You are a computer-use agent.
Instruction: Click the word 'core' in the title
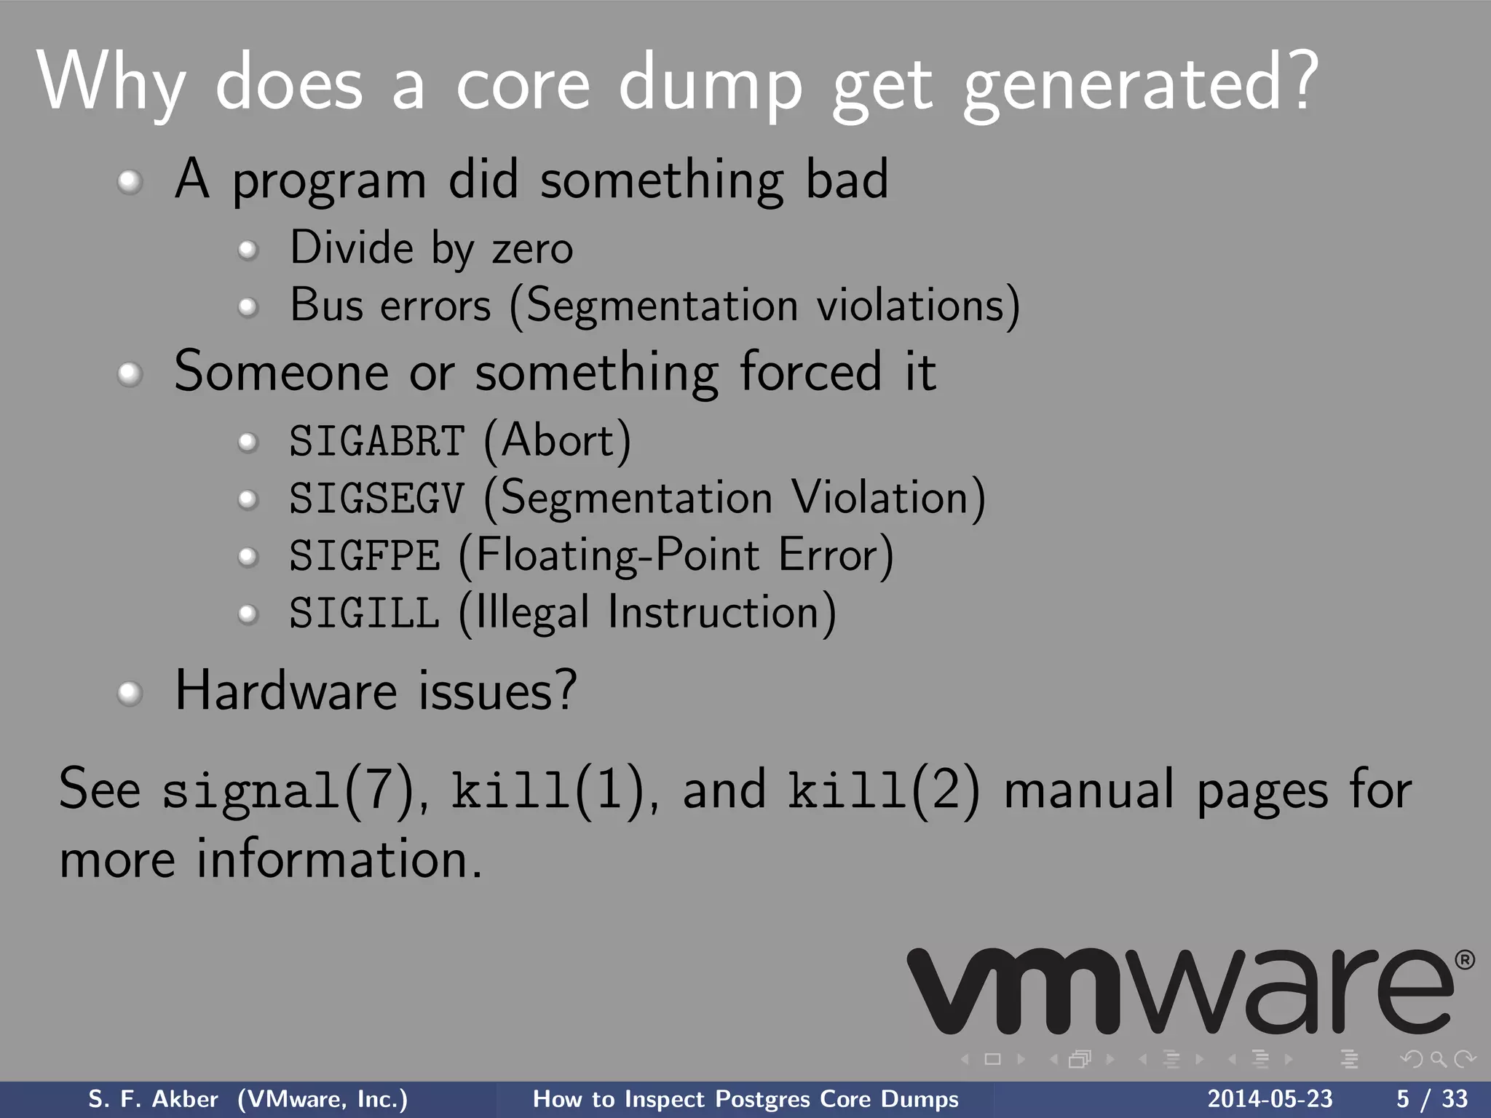point(522,85)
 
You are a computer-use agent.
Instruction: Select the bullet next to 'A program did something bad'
point(130,181)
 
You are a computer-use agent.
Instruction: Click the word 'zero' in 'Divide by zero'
point(533,249)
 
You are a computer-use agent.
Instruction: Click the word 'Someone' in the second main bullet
point(281,372)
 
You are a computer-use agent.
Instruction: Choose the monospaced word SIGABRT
point(376,442)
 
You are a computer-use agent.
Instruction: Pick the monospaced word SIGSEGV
point(376,499)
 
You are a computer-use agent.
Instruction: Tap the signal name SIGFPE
point(365,556)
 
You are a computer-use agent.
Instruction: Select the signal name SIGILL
point(365,614)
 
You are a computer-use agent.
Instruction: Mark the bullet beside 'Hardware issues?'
point(130,693)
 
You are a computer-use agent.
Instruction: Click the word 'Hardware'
point(286,691)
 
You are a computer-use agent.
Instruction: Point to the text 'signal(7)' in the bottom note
point(288,790)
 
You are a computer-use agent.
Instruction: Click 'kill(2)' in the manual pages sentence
point(884,790)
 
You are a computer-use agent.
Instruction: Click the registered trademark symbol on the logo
point(1465,960)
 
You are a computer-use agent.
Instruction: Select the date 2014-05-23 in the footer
point(1270,1099)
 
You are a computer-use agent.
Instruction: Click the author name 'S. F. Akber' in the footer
point(153,1099)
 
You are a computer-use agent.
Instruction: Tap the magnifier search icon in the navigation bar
point(1438,1059)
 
